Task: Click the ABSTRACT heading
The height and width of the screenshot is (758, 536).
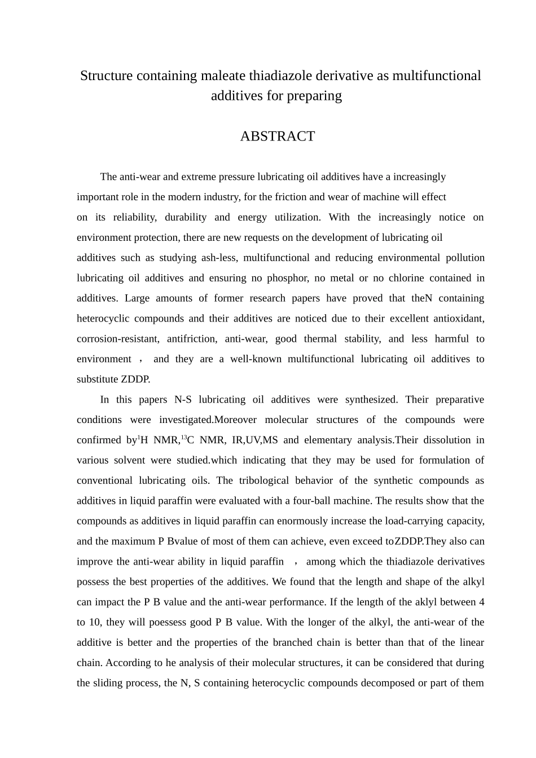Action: tap(277, 136)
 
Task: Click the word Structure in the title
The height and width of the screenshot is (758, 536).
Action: tap(103, 76)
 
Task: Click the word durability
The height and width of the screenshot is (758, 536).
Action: tap(186, 217)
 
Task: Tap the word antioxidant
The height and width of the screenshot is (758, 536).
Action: tap(458, 319)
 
